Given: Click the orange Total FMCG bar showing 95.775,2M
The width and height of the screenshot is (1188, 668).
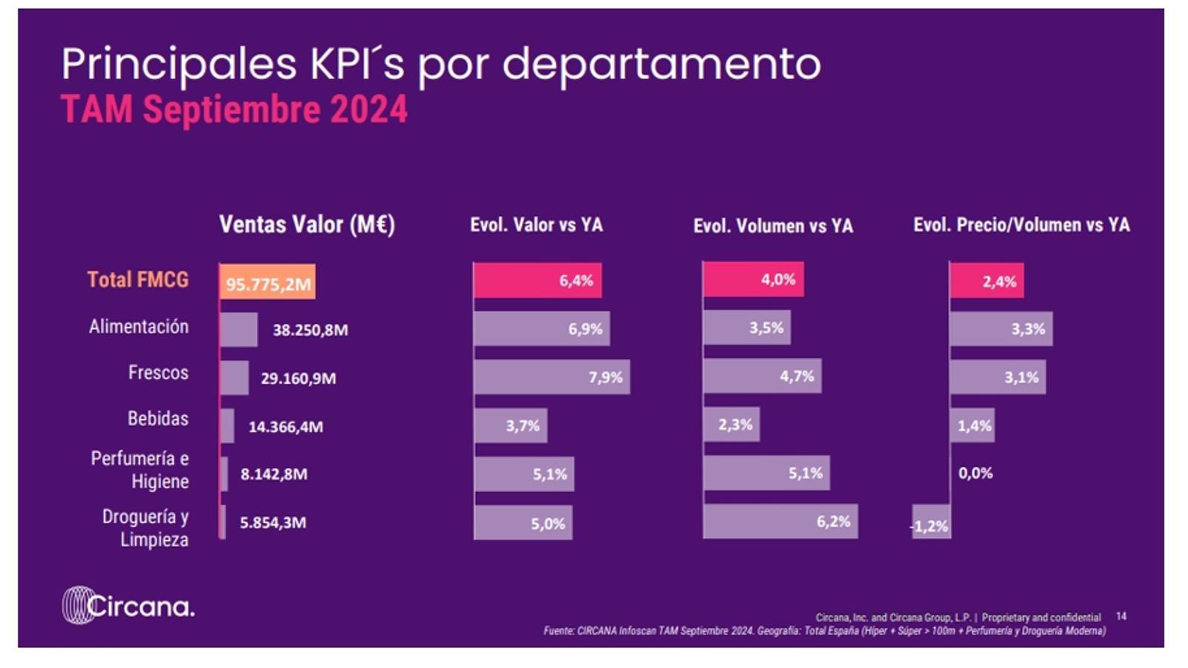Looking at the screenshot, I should coord(267,282).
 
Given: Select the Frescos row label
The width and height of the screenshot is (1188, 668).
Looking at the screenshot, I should coord(158,373).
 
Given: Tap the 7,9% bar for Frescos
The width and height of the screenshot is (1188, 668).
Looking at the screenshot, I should coord(552,377).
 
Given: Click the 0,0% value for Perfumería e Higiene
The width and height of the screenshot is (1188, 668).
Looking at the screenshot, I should coord(975,474).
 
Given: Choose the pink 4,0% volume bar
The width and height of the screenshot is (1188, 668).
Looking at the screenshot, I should coord(753,280).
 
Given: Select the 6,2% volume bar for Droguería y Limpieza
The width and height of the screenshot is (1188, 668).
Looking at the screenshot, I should coord(780,522).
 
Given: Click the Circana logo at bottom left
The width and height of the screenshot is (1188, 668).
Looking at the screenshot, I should coord(128,606).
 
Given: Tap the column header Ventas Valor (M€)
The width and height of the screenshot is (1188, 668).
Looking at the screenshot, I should coord(307,225).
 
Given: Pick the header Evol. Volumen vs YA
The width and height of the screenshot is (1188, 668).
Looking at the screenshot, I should coord(773,226).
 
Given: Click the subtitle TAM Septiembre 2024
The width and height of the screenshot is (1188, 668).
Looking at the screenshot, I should coord(234,110).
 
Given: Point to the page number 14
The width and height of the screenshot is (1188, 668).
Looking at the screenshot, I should coord(1121,616).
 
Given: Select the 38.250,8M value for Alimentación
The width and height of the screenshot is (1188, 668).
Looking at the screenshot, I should coord(310,330).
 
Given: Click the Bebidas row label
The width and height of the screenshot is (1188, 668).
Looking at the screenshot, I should coord(158,419).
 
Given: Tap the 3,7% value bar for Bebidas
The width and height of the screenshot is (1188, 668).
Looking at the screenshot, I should coord(511,426).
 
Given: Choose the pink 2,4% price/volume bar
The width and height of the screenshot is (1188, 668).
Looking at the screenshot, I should coord(987,281).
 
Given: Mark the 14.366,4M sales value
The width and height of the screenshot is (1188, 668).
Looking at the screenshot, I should coord(286,427).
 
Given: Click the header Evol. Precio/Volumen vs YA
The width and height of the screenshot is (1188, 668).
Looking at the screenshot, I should coord(1021,225).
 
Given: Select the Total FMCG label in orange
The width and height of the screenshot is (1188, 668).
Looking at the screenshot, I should coord(138,280).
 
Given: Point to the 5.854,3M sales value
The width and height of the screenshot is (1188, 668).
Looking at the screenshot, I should coord(272,523).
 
